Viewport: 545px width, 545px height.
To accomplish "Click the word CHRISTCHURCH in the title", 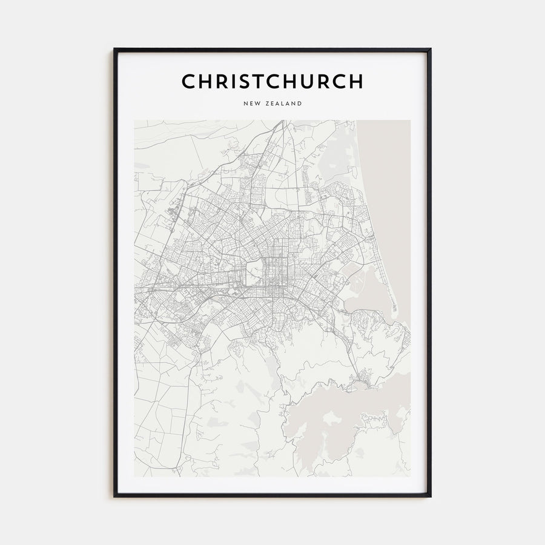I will (272, 81).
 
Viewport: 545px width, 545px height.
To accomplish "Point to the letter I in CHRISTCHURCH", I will (231, 81).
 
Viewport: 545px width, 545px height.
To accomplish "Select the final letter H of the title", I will (356, 81).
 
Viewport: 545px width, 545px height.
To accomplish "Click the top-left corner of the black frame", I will (115, 50).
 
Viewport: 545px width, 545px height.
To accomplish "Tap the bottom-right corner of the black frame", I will (430, 496).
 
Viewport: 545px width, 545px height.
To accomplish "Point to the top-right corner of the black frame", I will (430, 50).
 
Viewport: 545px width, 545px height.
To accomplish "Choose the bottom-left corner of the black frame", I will (115, 496).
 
